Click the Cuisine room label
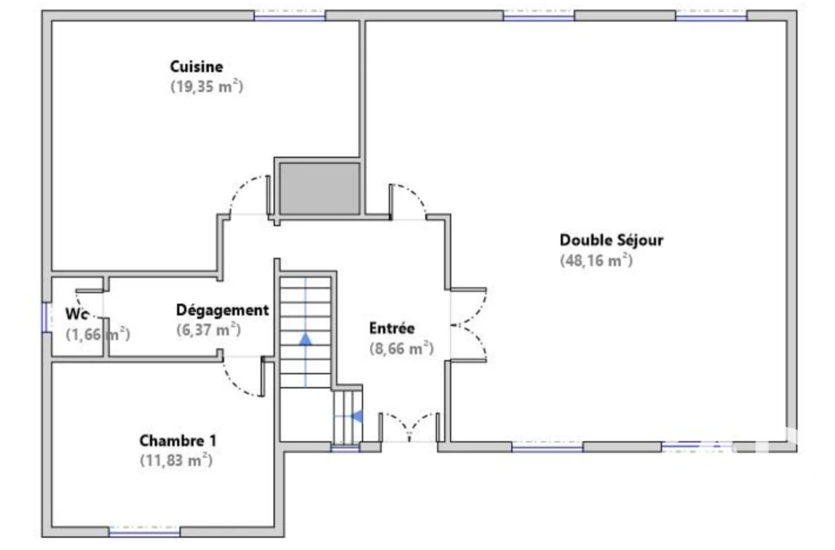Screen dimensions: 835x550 pyautogui.click(x=197, y=67)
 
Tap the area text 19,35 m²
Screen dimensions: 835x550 pyautogui.click(x=206, y=86)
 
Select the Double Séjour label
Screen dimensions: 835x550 pyautogui.click(x=612, y=240)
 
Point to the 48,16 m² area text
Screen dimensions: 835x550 pyautogui.click(x=596, y=260)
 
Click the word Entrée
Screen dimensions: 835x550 pyautogui.click(x=392, y=328)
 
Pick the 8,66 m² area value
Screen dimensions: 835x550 pyautogui.click(x=401, y=349)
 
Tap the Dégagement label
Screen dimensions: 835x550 pyautogui.click(x=223, y=310)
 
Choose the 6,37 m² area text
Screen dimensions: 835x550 pyautogui.click(x=209, y=330)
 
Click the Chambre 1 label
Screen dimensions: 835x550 pyautogui.click(x=178, y=441)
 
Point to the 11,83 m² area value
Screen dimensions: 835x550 pyautogui.click(x=176, y=460)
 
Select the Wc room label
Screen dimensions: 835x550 pyautogui.click(x=77, y=314)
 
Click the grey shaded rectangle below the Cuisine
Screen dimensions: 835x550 pyautogui.click(x=320, y=189)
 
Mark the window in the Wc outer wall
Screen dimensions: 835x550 pyautogui.click(x=46, y=318)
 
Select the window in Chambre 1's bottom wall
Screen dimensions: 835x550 pyautogui.click(x=144, y=531)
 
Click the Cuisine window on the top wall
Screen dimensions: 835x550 pyautogui.click(x=289, y=15)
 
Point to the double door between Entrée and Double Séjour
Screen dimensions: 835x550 pyautogui.click(x=469, y=325)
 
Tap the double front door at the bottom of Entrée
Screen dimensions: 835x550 pyautogui.click(x=409, y=427)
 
